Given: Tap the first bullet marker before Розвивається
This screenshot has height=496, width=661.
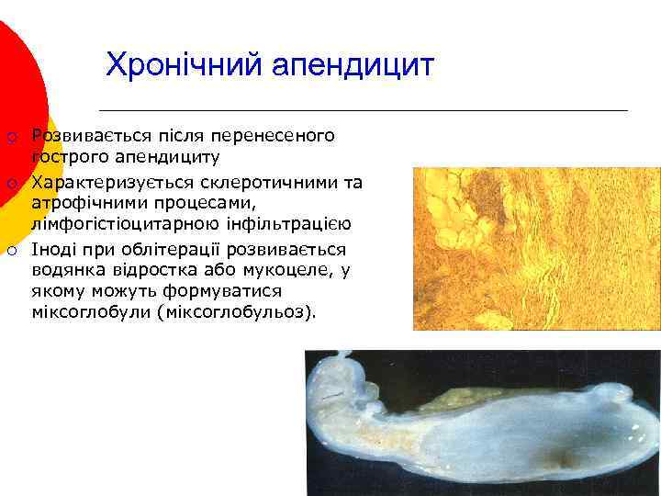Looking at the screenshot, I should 12,138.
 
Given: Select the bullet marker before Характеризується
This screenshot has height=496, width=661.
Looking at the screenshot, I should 12,184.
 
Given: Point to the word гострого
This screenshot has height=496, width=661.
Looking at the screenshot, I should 68,158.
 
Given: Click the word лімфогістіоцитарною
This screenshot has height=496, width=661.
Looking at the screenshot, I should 124,225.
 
